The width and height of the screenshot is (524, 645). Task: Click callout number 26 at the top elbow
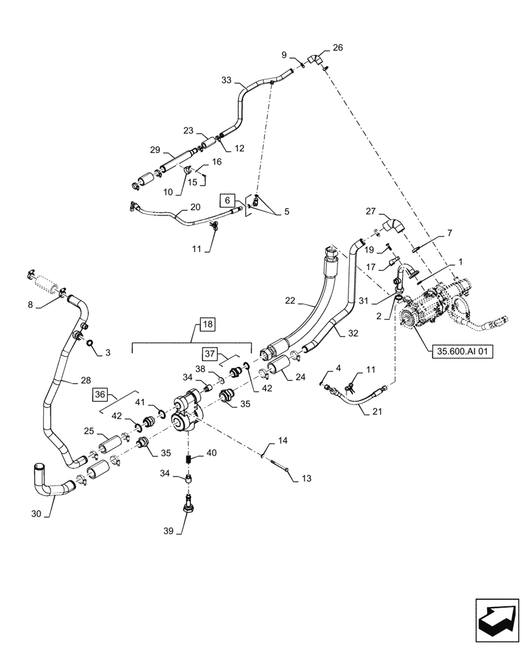pos(338,47)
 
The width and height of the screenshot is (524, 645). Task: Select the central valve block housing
pos(187,410)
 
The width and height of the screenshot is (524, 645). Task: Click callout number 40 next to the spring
pos(211,453)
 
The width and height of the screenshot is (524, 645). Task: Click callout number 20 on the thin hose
pos(194,207)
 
